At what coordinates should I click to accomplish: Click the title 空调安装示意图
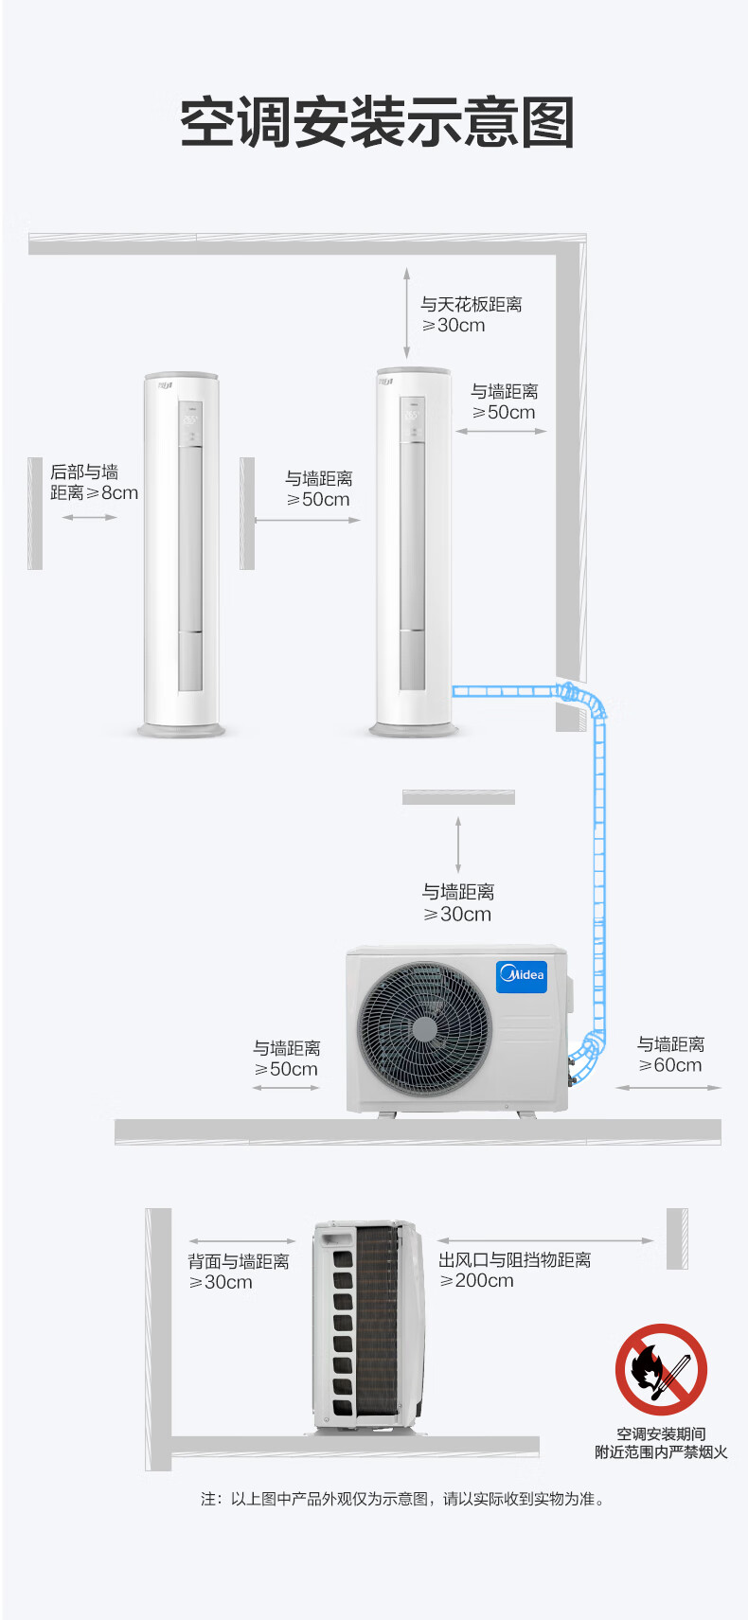(377, 121)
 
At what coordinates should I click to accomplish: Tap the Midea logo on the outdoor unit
(522, 975)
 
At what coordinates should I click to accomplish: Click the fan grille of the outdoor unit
(424, 1028)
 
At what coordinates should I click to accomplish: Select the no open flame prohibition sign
(661, 1369)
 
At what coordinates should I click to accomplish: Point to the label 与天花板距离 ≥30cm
(471, 314)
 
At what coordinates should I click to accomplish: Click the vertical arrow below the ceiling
(406, 312)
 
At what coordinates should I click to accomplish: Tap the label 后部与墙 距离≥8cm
(94, 482)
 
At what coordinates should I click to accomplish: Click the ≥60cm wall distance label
(670, 1055)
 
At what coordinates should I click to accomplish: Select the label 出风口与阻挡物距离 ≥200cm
(514, 1270)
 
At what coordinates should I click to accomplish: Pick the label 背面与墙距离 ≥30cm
(238, 1272)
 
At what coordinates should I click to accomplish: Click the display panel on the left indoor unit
(190, 421)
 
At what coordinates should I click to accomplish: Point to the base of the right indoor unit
(414, 729)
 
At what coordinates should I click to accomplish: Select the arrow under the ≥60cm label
(668, 1088)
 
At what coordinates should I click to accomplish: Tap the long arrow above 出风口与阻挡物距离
(545, 1241)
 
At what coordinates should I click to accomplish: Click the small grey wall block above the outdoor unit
(458, 797)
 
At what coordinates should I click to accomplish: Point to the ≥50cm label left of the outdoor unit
(287, 1058)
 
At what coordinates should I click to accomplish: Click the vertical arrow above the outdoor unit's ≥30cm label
(458, 846)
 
